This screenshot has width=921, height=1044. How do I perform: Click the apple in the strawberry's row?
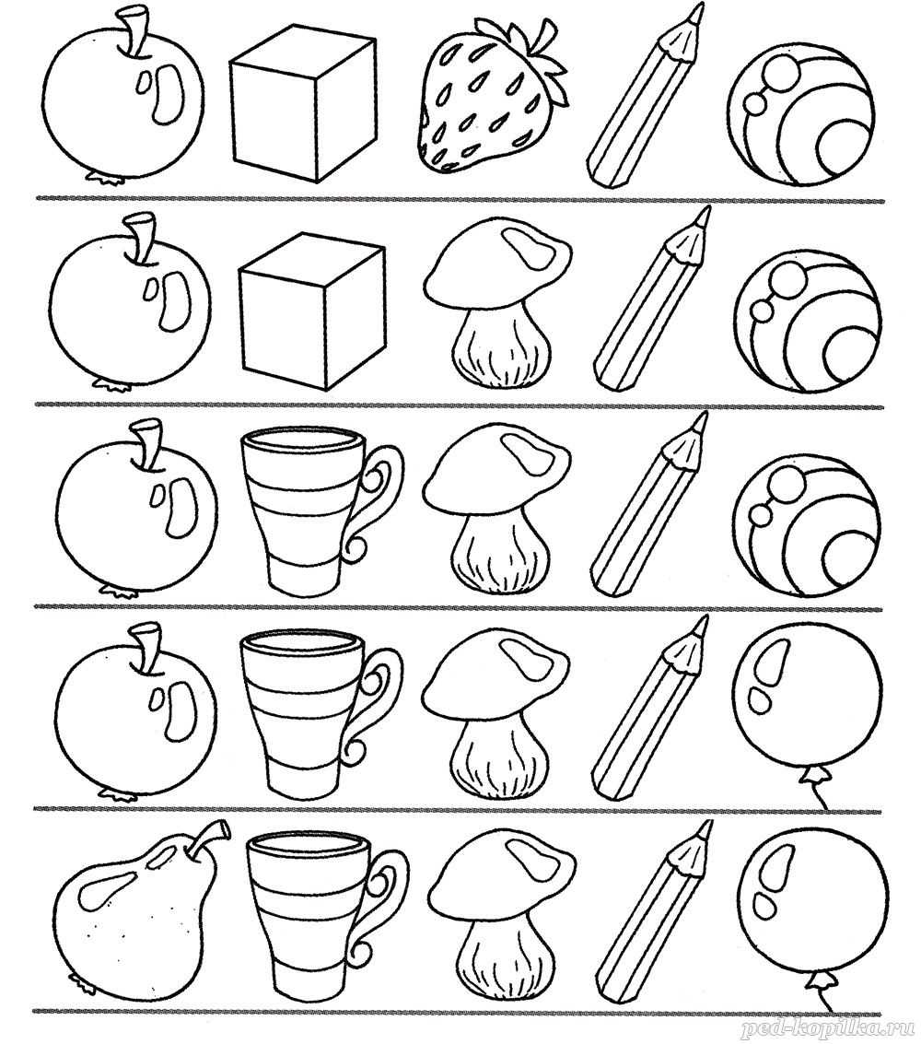tap(123, 97)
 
